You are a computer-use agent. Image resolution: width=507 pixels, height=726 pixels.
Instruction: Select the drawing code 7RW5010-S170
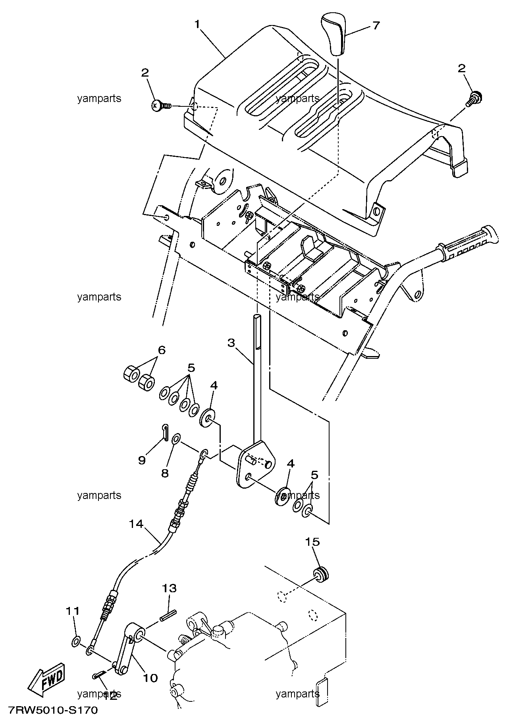click(x=52, y=710)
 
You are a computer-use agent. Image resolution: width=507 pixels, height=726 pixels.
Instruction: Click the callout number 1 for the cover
click(x=197, y=24)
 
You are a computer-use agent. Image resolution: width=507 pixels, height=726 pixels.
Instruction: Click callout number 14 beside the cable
click(x=136, y=524)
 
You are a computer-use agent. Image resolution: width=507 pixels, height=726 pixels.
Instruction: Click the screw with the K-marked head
click(x=161, y=106)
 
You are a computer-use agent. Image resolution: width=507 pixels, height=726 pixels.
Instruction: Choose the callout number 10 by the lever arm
click(x=150, y=678)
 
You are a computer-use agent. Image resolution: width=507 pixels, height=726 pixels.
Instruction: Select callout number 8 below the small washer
click(x=165, y=473)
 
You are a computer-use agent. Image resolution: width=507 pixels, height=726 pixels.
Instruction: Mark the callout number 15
click(x=312, y=541)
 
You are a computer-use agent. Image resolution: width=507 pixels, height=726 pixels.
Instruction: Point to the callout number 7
click(x=376, y=25)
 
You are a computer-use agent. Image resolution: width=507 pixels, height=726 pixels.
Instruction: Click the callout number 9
click(x=142, y=460)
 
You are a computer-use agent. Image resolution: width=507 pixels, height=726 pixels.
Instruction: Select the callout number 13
click(x=169, y=588)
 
